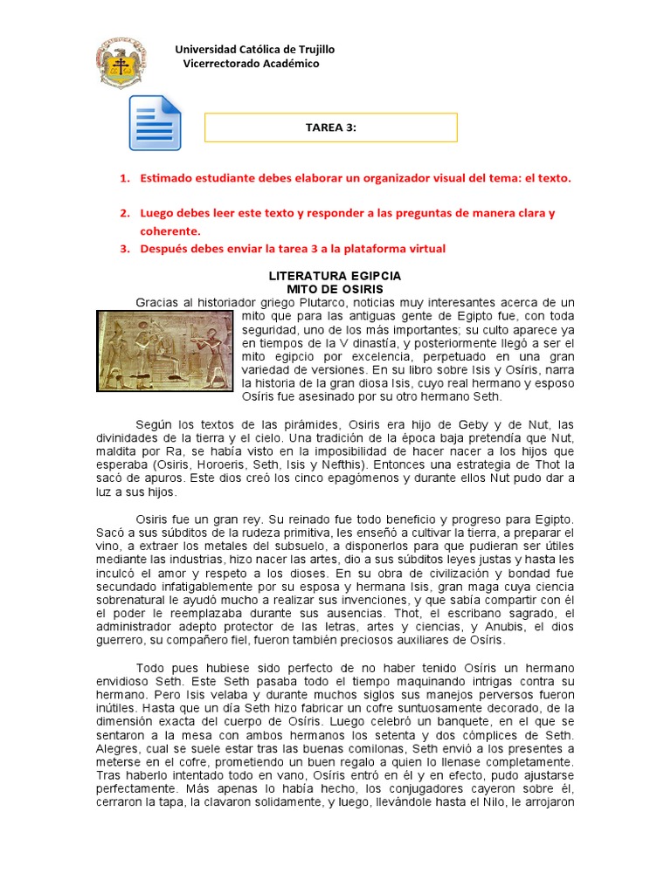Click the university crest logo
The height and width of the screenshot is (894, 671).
tap(121, 62)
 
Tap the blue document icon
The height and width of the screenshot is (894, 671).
tap(156, 123)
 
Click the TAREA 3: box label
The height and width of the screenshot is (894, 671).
tap(331, 127)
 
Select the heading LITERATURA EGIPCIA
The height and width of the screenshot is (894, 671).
tap(335, 276)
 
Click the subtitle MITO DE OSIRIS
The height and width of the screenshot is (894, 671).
tap(335, 288)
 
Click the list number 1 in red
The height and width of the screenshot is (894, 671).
tap(124, 178)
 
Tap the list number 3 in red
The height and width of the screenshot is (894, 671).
tap(124, 249)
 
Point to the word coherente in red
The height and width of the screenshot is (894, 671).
tap(169, 231)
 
